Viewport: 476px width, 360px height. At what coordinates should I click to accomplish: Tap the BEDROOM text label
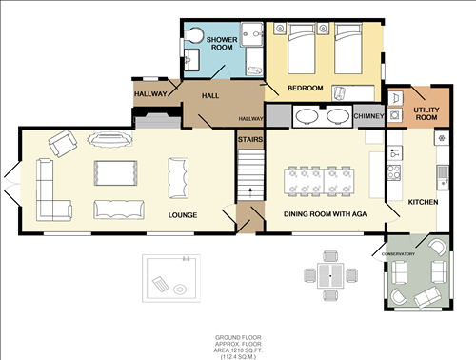306,89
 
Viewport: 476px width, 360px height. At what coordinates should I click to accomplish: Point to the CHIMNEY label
367,116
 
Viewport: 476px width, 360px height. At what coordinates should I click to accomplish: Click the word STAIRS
249,139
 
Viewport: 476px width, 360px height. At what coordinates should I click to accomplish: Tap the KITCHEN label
423,203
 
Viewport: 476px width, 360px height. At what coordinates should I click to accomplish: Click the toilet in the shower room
194,35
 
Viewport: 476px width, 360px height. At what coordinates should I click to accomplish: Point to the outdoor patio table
329,274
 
